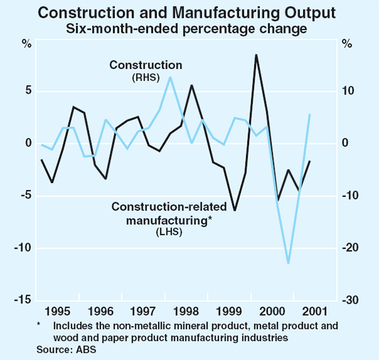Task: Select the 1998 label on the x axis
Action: [x=186, y=311]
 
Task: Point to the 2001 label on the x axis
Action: [x=314, y=311]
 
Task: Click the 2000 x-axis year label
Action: [x=272, y=311]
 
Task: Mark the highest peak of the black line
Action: [x=256, y=55]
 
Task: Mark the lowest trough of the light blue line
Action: [x=289, y=263]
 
